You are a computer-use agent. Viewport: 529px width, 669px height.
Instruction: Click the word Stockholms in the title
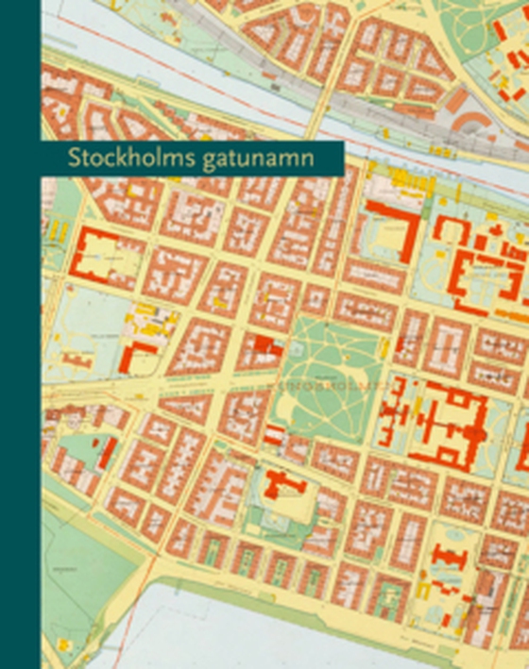126,158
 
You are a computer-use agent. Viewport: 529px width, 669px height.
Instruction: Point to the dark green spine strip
20,334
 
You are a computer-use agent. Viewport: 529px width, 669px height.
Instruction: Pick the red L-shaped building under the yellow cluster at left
137,355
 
